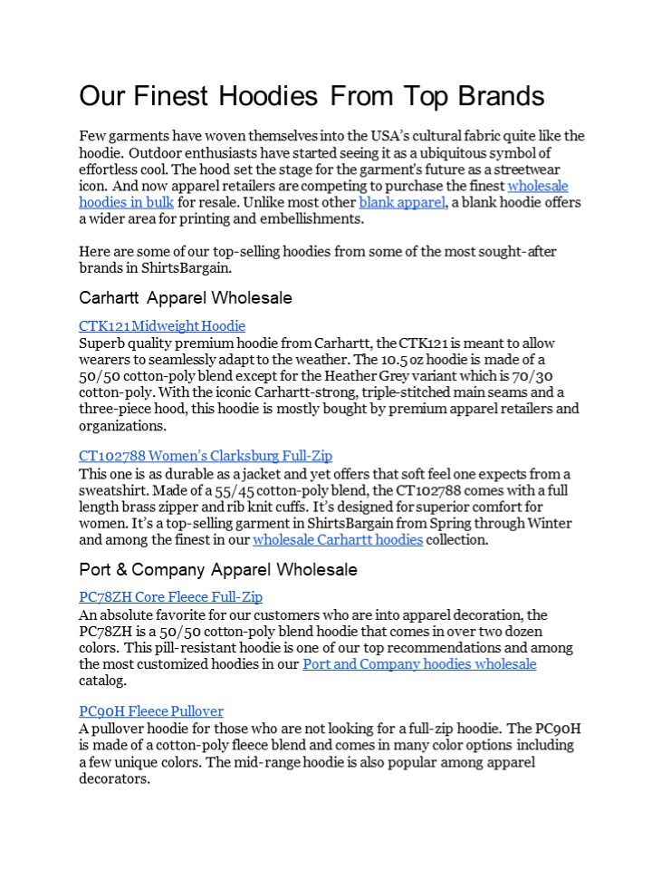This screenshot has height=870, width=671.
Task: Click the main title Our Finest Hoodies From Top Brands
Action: (x=312, y=96)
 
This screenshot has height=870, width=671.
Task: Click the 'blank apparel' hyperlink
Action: (x=402, y=202)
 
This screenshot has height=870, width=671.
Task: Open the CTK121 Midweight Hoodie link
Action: (x=161, y=326)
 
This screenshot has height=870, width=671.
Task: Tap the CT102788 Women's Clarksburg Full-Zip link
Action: (x=206, y=456)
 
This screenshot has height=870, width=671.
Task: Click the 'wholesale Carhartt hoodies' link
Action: (x=338, y=540)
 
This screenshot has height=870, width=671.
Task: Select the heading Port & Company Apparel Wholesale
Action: (x=217, y=570)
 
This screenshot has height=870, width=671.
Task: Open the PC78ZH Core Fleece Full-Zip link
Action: (x=170, y=597)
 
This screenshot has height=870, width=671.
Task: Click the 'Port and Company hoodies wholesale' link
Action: (x=419, y=664)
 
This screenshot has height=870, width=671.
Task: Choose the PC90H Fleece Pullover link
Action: (x=151, y=711)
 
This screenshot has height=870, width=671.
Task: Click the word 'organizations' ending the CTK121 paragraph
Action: (x=119, y=425)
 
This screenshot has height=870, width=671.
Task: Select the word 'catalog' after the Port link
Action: (x=102, y=681)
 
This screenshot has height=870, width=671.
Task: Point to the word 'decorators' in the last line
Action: (x=112, y=778)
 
